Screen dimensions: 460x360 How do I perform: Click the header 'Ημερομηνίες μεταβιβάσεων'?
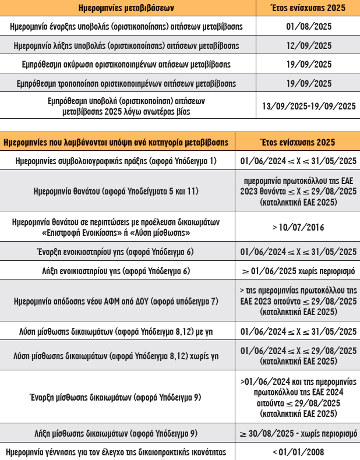126,8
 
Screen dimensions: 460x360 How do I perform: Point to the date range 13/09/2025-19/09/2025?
309,106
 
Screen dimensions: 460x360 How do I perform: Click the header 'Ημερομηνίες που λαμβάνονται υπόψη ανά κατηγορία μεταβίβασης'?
117,142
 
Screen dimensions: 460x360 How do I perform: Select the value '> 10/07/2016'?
298,227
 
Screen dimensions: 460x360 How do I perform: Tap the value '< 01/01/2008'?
298,452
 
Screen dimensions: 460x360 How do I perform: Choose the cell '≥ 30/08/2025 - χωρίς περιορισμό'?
298,433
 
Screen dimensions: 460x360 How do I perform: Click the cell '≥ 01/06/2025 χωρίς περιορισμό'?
298,271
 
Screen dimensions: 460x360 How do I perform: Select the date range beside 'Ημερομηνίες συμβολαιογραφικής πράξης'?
298,161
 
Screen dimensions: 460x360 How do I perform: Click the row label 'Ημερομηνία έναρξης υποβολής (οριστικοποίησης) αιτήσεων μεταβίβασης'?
127,27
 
